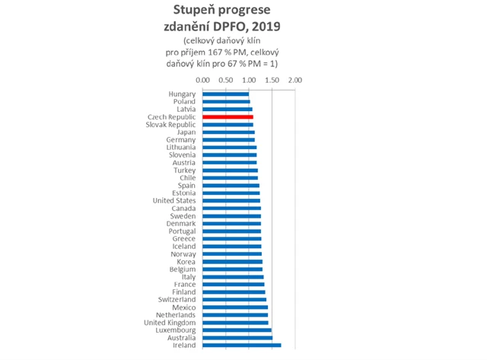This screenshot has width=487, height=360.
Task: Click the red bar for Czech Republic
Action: click(x=228, y=117)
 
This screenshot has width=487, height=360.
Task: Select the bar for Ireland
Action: click(x=241, y=346)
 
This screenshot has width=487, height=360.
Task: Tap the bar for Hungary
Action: click(x=225, y=94)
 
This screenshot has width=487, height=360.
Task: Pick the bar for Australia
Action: click(x=237, y=338)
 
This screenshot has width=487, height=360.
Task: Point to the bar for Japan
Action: click(x=228, y=132)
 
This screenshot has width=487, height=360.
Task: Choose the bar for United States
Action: click(x=231, y=201)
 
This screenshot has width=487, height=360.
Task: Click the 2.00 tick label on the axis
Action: click(x=296, y=79)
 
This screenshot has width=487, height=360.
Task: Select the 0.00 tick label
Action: click(x=202, y=79)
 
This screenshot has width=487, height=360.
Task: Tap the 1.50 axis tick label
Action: click(x=272, y=79)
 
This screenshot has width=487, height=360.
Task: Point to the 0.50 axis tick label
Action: click(x=226, y=79)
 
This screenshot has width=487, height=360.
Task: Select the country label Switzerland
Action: click(x=174, y=300)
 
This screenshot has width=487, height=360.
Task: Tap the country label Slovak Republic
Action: click(x=171, y=125)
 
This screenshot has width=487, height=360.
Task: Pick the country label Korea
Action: click(x=185, y=262)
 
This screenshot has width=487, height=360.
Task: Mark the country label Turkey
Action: click(x=184, y=170)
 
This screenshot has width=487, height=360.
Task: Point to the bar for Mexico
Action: click(x=235, y=307)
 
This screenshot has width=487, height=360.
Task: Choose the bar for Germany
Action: click(x=229, y=140)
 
